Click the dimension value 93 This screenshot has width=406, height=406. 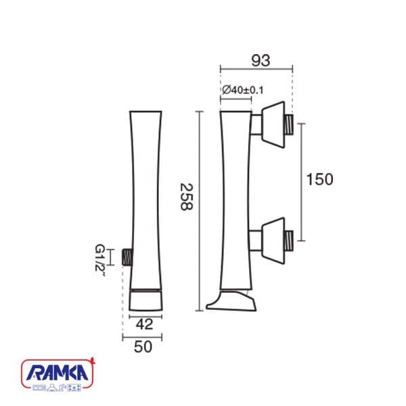(x=261, y=60)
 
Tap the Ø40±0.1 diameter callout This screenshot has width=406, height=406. (x=243, y=90)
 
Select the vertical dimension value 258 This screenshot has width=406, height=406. (x=187, y=197)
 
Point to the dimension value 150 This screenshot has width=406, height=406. (x=319, y=179)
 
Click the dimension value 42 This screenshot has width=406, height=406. (x=145, y=324)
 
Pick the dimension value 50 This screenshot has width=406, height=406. (x=143, y=346)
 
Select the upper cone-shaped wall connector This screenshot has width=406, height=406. (x=273, y=125)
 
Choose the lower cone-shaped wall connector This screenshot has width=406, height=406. (x=273, y=241)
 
